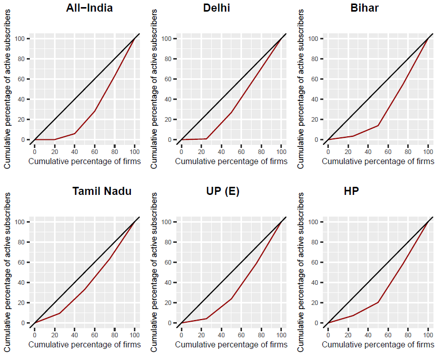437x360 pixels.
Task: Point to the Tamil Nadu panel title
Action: click(102, 191)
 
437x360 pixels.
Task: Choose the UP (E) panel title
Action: click(223, 191)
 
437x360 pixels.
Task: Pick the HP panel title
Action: click(363, 191)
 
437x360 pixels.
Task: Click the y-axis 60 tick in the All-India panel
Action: click(23, 79)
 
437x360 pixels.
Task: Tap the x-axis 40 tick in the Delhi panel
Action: click(221, 150)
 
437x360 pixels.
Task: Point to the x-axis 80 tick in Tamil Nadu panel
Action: click(115, 334)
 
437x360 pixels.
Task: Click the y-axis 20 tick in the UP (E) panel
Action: click(169, 303)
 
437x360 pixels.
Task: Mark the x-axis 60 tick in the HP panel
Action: click(388, 334)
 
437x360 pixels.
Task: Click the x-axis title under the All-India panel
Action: click(84, 162)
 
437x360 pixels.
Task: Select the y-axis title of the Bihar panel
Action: click(301, 88)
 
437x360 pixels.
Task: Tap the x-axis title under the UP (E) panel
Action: click(231, 344)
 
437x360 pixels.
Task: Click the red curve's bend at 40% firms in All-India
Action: click(75, 133)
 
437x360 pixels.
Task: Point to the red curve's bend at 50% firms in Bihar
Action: click(378, 125)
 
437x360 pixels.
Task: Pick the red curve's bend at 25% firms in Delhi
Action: click(206, 138)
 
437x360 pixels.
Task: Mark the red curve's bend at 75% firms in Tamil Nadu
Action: click(110, 259)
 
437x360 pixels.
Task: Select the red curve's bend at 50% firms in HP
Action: click(378, 302)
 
